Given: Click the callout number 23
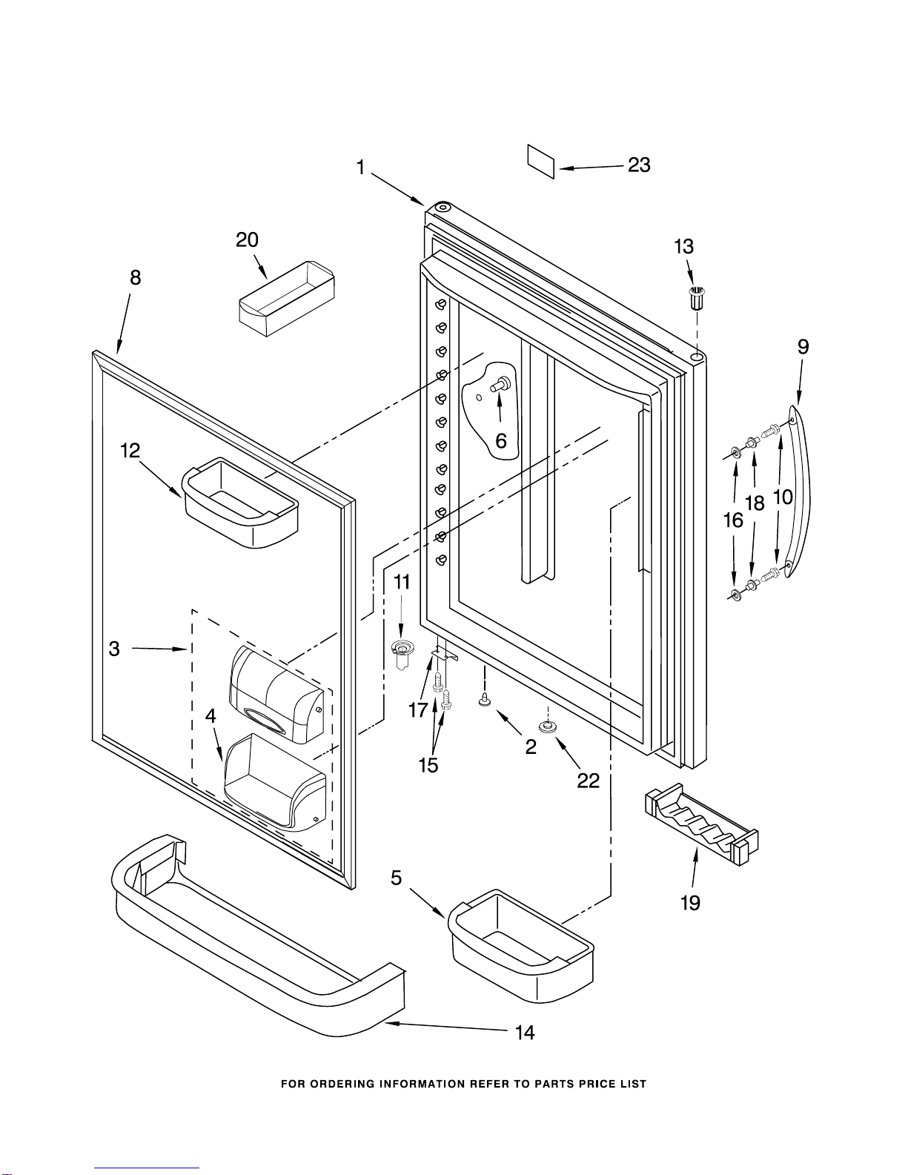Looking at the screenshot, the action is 639,165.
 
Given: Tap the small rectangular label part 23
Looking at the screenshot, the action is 541,161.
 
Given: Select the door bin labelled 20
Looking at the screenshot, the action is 286,299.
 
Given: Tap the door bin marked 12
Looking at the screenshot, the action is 240,503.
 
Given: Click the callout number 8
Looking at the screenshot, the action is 135,278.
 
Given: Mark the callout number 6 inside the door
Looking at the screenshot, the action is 501,441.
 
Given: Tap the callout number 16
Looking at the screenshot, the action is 733,520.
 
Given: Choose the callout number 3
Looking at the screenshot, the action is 114,649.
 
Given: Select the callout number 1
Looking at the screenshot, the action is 361,168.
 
